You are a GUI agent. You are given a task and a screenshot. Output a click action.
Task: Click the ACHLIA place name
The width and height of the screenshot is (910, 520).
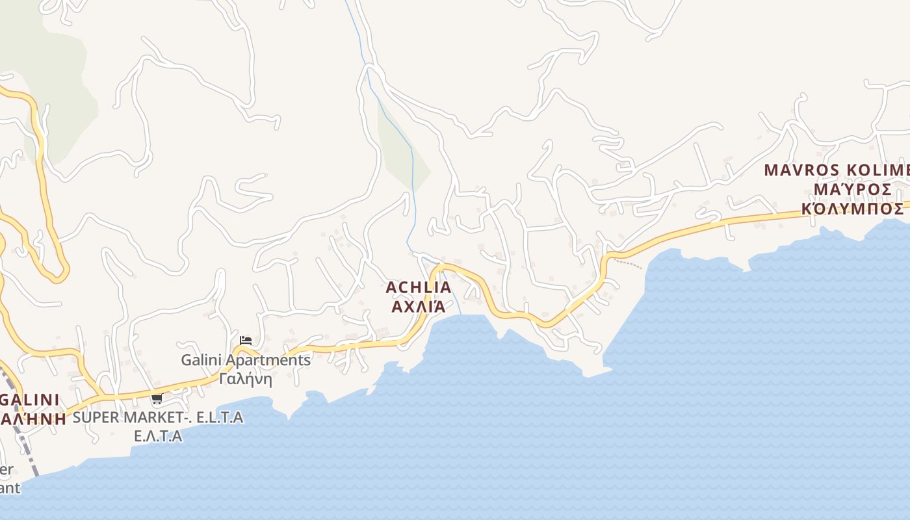point(418,287)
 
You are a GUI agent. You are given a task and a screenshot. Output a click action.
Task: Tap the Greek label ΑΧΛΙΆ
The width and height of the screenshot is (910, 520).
point(418,305)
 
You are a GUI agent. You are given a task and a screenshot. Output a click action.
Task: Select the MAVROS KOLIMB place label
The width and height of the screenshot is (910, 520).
point(837,170)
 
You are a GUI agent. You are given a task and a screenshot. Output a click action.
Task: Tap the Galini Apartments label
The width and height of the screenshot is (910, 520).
point(246,359)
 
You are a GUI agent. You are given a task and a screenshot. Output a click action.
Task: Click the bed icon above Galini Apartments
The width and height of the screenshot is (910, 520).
point(246,340)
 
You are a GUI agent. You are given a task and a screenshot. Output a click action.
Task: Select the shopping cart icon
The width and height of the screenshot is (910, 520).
point(157,399)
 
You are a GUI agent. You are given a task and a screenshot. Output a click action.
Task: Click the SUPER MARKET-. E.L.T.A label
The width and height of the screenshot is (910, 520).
point(158,417)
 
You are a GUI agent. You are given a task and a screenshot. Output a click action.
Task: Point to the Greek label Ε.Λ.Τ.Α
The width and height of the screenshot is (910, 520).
point(158,435)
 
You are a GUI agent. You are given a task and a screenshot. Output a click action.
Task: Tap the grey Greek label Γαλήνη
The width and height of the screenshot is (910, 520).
point(246,378)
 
